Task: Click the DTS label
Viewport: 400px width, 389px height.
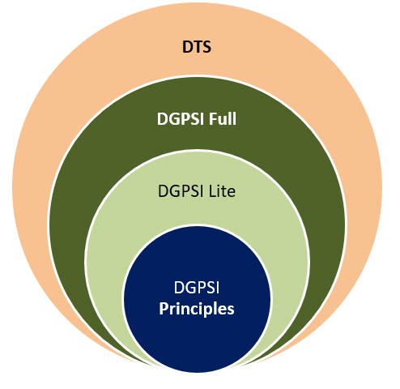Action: click(197, 47)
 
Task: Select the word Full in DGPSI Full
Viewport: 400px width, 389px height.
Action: click(223, 118)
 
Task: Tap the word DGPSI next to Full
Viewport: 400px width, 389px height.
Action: click(181, 119)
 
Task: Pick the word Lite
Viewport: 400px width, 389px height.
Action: click(222, 191)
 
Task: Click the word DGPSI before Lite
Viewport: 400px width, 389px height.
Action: click(181, 191)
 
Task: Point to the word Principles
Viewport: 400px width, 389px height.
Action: click(197, 310)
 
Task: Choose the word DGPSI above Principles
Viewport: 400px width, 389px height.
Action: click(197, 287)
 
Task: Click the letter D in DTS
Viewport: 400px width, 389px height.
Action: click(187, 47)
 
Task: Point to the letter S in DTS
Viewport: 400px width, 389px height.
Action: click(206, 47)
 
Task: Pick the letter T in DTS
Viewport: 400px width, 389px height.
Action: click(197, 47)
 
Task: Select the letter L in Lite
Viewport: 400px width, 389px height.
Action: click(213, 191)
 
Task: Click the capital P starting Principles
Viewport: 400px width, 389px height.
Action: click(164, 308)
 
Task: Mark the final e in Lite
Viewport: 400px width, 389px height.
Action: click(232, 193)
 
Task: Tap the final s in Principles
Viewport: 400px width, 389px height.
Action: click(231, 310)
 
